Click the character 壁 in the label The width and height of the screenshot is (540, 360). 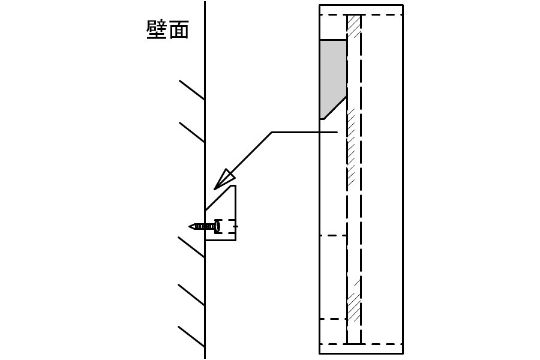click(x=157, y=29)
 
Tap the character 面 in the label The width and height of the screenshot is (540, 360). click(x=178, y=29)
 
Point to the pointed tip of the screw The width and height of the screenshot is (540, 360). click(x=190, y=226)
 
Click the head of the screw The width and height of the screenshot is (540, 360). click(x=217, y=226)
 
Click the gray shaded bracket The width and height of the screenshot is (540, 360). click(x=332, y=76)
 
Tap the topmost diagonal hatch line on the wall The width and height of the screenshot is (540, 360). click(x=192, y=90)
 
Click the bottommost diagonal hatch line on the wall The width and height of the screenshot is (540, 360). click(x=191, y=337)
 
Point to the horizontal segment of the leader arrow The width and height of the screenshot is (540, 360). click(x=304, y=132)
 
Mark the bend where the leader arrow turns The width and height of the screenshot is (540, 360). click(x=272, y=132)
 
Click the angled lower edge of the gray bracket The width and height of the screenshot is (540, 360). click(x=335, y=108)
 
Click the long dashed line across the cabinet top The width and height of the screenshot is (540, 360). click(x=361, y=15)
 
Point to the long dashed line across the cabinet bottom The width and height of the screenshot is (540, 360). click(x=361, y=344)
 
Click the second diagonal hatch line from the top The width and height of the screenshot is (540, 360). click(x=192, y=132)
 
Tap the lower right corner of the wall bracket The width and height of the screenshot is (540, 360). click(x=236, y=240)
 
